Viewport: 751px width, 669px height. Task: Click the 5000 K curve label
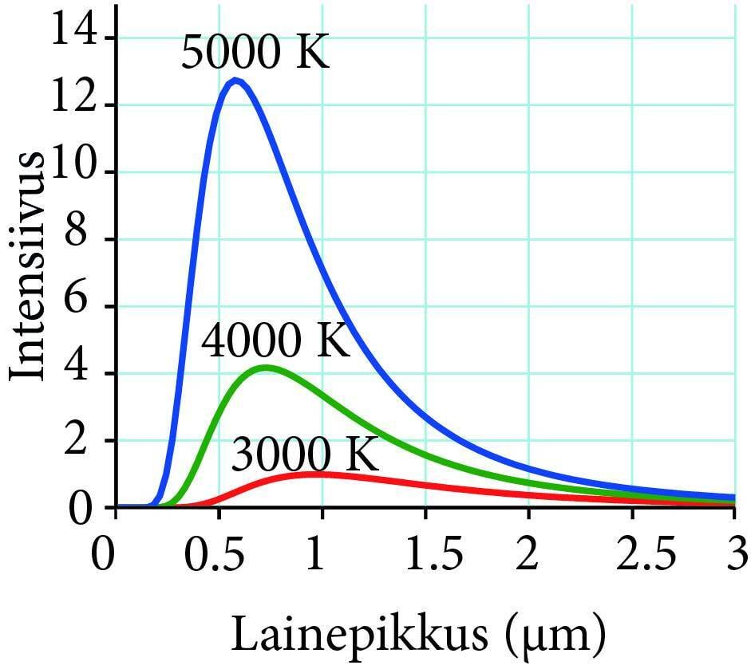pos(255,53)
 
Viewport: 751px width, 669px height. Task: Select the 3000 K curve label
pos(304,456)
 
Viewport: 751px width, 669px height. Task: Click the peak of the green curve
pos(266,368)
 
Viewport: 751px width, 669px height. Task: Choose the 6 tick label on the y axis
pos(86,306)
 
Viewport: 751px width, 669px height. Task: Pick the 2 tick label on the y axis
pos(86,440)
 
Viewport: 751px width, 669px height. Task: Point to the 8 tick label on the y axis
pos(86,239)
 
